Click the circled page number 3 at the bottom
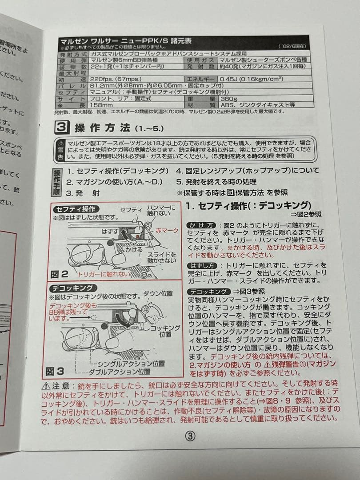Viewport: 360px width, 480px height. (x=190, y=436)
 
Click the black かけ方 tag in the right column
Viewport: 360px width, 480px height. (x=201, y=225)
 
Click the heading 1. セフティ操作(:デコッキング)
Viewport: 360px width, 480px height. (x=248, y=205)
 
